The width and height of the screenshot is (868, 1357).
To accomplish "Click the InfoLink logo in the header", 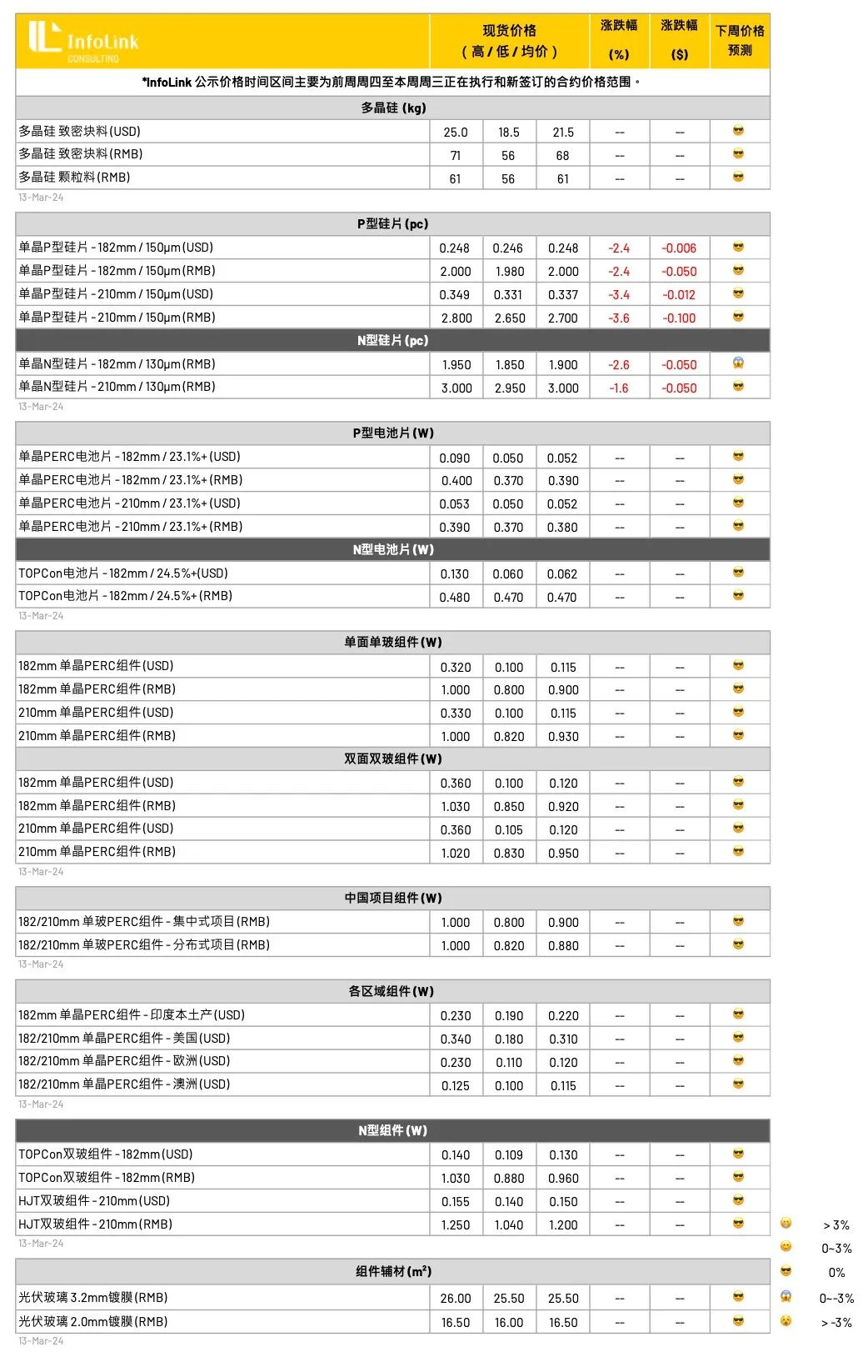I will point(83,41).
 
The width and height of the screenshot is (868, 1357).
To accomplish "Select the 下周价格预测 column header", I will point(740,40).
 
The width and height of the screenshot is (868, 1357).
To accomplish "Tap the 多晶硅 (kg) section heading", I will point(392,108).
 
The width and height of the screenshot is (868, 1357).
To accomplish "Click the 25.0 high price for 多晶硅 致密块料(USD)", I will point(456,132).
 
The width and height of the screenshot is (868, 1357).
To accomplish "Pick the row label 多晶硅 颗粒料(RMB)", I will point(75,178).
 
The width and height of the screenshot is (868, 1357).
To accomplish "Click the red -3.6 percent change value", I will point(619,318).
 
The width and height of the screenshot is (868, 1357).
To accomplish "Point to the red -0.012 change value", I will point(679,294).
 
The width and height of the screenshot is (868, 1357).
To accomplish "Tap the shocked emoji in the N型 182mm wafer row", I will point(738,363).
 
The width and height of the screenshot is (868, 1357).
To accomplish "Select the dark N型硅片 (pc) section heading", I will point(392,340).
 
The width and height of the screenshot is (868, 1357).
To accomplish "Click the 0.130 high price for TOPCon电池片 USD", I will point(455,573).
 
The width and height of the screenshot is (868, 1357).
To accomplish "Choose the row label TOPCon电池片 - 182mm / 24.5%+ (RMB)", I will point(126,596).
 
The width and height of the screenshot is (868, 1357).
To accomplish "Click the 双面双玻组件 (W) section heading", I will point(392,759).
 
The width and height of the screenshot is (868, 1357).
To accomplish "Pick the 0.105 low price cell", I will point(509,829).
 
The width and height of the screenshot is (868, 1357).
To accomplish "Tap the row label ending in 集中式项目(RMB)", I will point(144,921).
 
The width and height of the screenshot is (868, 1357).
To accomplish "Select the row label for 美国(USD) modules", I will point(124,1038).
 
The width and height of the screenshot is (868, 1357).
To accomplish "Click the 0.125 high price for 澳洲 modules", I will point(456,1085).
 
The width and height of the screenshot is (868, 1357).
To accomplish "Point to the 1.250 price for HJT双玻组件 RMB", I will point(456,1224).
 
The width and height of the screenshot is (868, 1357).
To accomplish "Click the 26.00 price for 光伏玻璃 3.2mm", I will point(456,1298).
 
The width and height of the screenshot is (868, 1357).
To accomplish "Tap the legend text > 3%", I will point(836,1224).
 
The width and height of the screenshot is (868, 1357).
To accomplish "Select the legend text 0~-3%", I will point(836,1298).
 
